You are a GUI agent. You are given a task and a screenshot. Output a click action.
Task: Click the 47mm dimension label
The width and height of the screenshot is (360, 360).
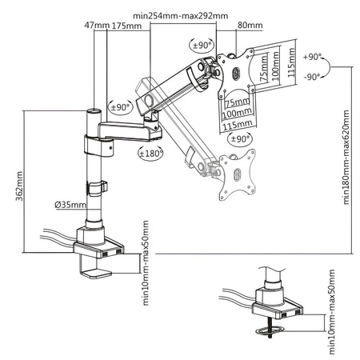point(99,26)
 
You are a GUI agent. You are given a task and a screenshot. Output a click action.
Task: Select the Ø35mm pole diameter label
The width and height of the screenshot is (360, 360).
point(70,205)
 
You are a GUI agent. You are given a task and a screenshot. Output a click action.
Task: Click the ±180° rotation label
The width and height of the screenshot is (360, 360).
point(150,152)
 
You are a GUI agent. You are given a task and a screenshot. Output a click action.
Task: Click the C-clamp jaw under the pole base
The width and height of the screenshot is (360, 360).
point(94,266)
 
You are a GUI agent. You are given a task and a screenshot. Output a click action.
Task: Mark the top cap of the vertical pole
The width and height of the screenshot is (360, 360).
point(94,111)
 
